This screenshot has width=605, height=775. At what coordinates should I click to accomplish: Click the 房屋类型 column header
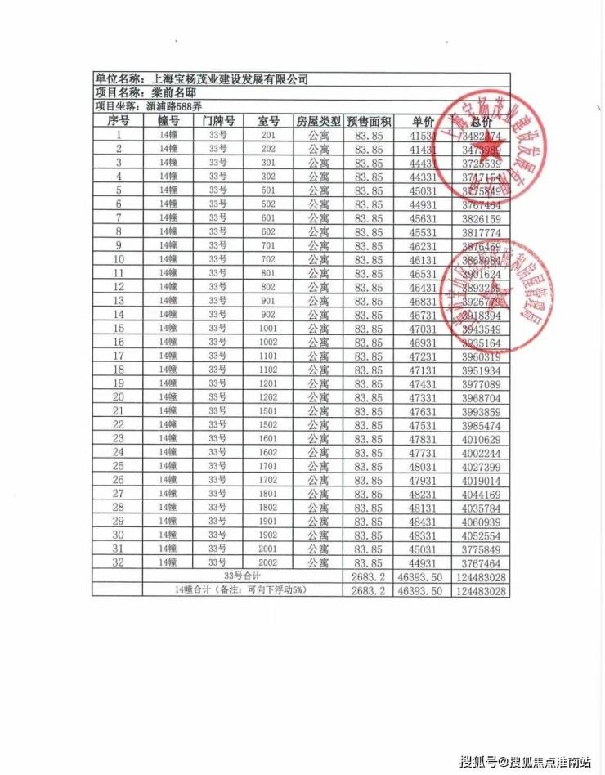[x=317, y=120]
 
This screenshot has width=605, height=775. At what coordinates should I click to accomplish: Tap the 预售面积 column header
[x=369, y=120]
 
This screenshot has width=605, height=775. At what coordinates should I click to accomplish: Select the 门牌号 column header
[x=217, y=120]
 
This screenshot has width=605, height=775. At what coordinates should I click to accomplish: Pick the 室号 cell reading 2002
[x=268, y=562]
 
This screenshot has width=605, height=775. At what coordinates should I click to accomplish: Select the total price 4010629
[x=480, y=438]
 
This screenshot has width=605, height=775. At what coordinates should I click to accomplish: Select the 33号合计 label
[x=242, y=576]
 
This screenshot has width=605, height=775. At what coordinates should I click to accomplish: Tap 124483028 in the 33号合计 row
[x=480, y=576]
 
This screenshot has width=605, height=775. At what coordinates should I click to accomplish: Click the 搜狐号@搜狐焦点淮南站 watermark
[x=525, y=762]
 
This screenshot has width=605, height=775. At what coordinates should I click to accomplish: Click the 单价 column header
[x=421, y=120]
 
